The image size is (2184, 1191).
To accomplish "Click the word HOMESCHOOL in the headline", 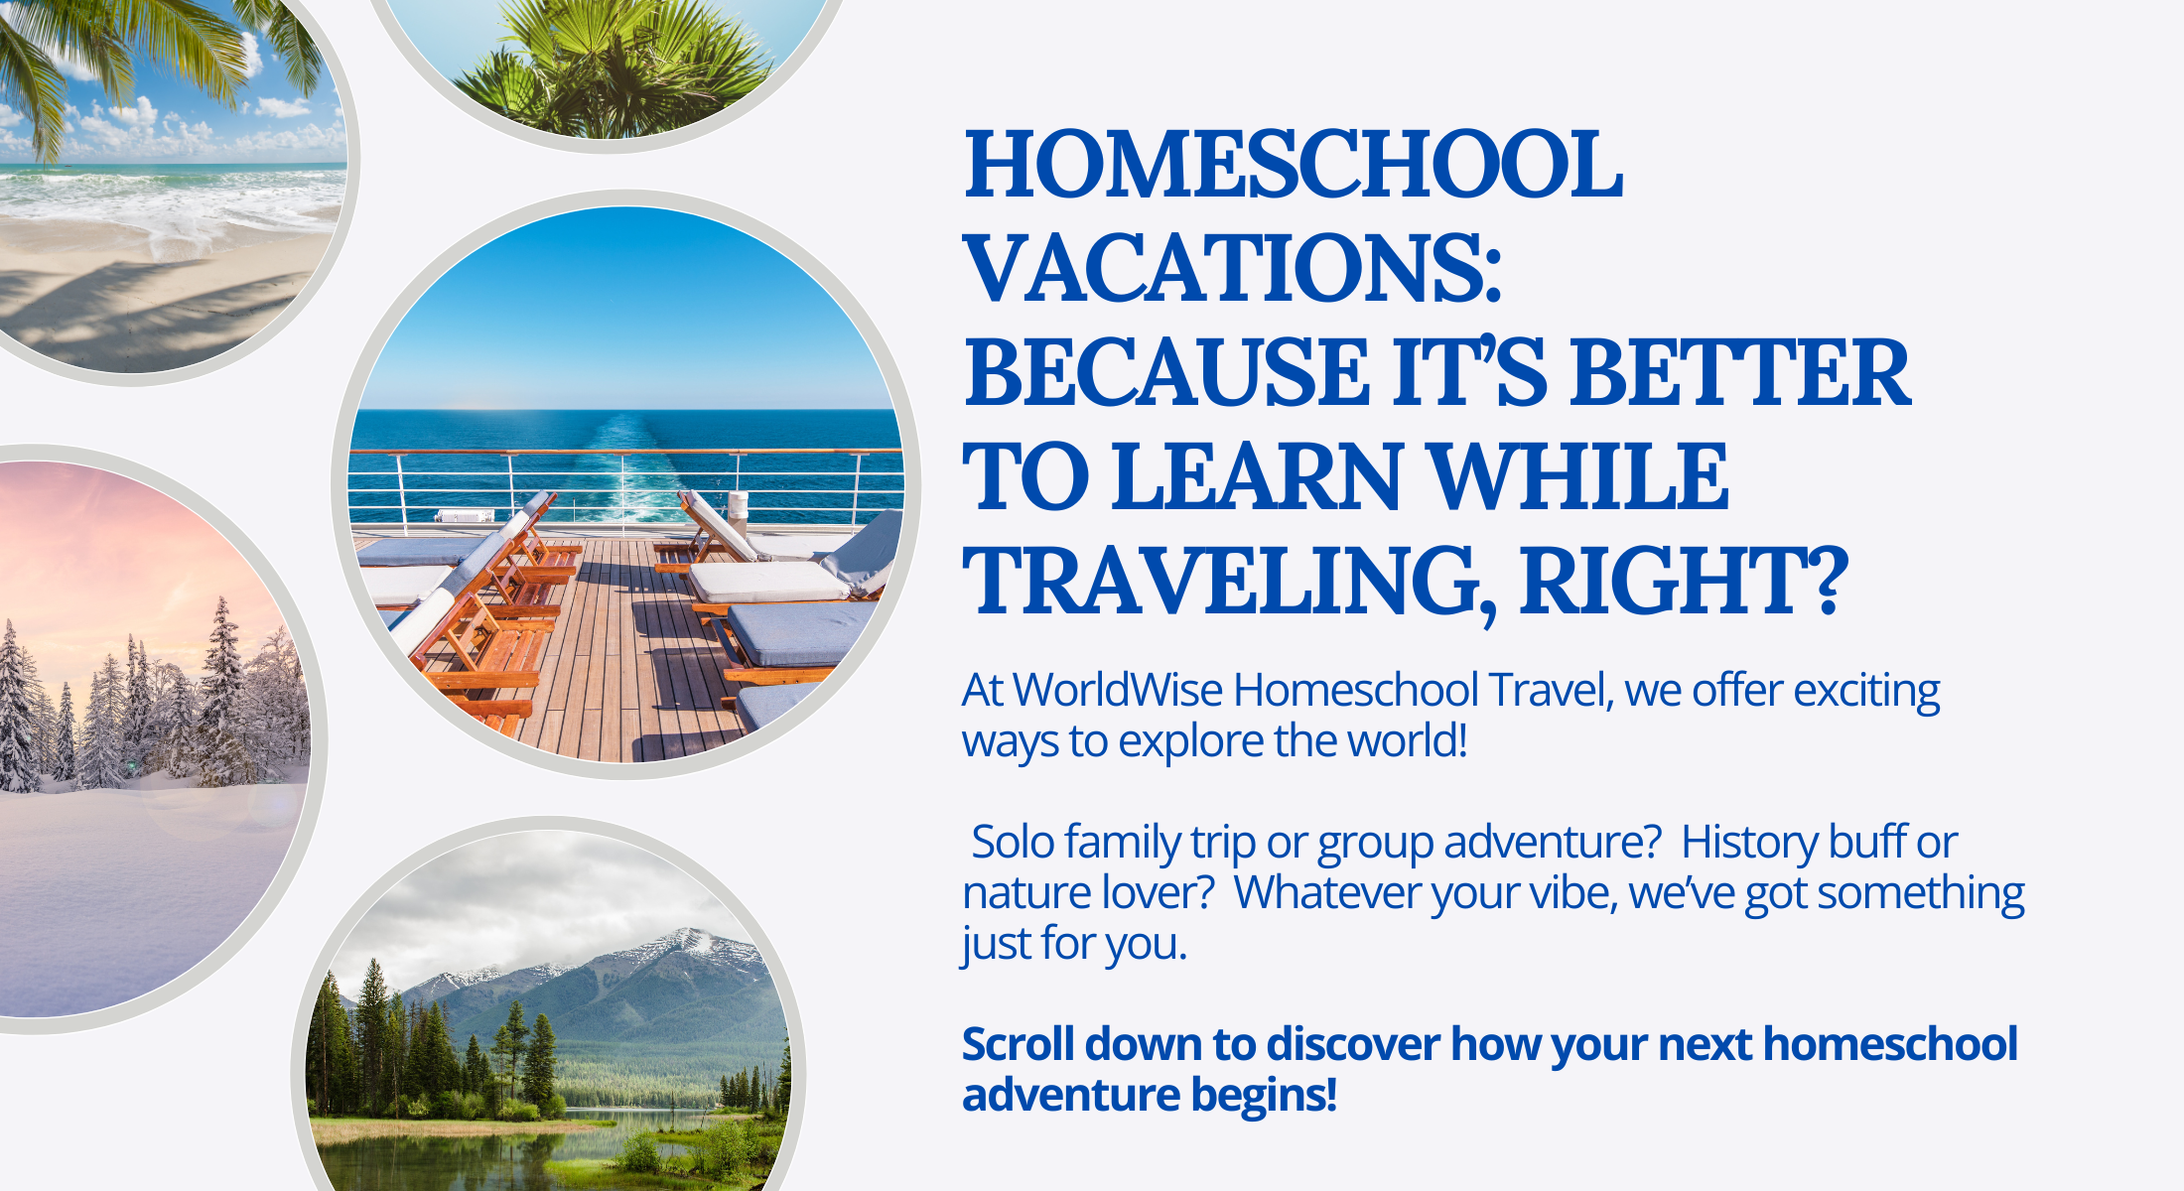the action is click(x=1294, y=165).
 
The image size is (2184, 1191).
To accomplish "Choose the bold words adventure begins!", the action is click(x=1150, y=1096).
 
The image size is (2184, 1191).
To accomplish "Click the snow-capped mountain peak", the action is click(x=685, y=939).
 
